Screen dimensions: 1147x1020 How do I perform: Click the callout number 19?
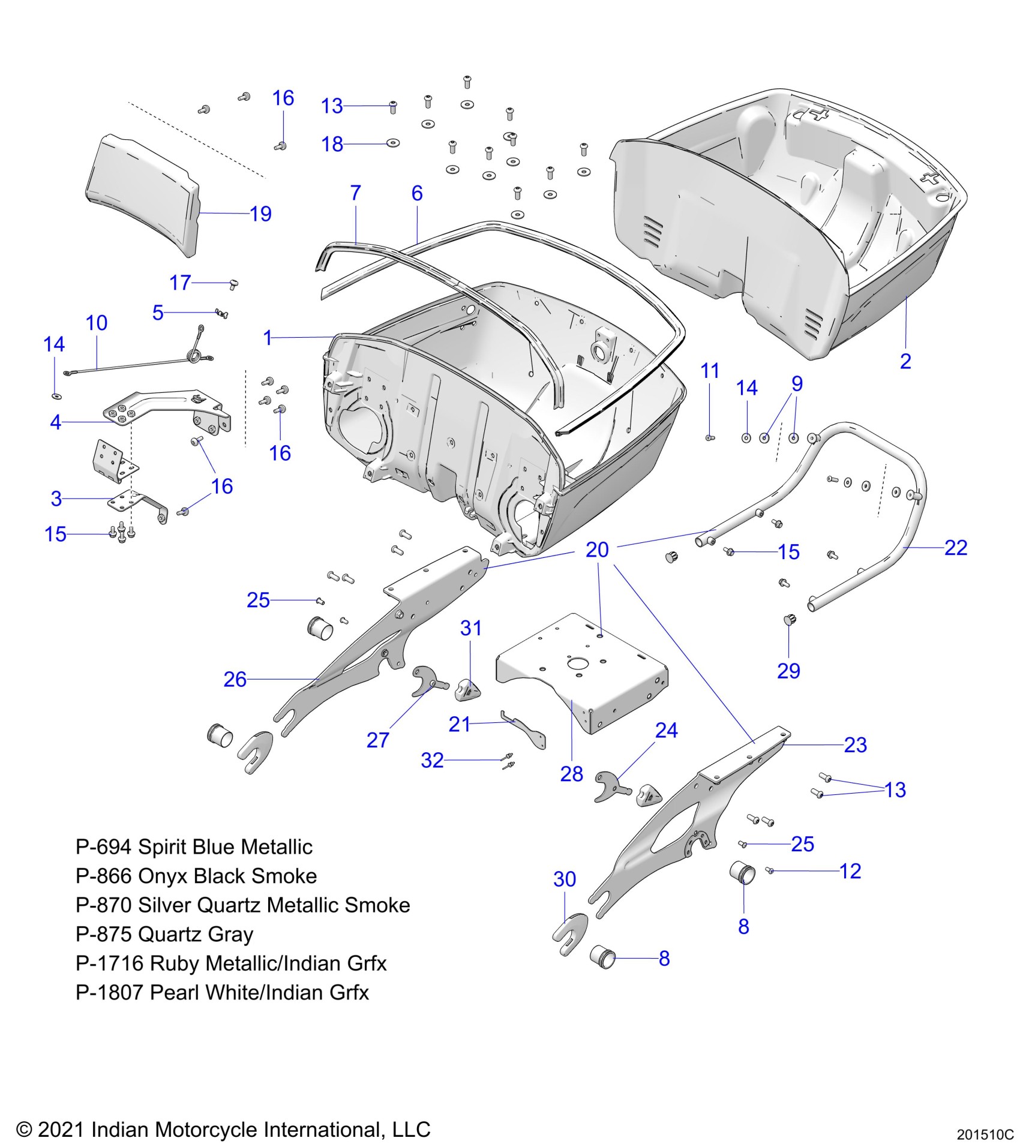[x=260, y=214]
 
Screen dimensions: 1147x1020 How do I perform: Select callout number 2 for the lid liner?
[x=905, y=361]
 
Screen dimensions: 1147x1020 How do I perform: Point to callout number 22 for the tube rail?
[x=956, y=548]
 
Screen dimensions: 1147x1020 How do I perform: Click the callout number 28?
[x=571, y=774]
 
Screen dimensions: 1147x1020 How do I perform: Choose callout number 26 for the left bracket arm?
[x=235, y=679]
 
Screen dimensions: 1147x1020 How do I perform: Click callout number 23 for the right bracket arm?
[x=855, y=745]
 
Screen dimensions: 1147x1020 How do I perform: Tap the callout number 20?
[x=597, y=550]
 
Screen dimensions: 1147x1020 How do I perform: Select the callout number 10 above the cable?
[x=97, y=323]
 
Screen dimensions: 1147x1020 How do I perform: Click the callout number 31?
[x=471, y=628]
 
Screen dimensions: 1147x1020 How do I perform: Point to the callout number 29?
[x=788, y=671]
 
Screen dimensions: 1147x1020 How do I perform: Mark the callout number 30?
[x=565, y=879]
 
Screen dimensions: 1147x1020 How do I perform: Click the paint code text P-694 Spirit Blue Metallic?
[x=194, y=847]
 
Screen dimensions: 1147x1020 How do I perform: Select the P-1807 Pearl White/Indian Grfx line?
[x=222, y=992]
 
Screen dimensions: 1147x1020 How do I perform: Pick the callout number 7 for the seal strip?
[x=355, y=193]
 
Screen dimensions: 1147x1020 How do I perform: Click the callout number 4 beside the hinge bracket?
[x=55, y=422]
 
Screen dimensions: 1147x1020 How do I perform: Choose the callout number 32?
[x=432, y=761]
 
